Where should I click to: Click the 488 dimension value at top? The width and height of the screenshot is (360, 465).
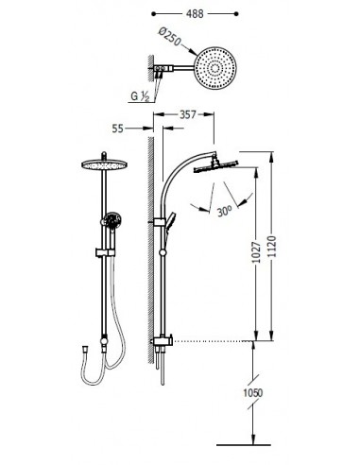coord(195,14)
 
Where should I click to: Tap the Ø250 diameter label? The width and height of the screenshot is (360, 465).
coord(170,36)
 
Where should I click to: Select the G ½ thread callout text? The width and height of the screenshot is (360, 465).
coord(140,96)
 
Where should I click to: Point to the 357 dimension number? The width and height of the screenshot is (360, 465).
coord(188,114)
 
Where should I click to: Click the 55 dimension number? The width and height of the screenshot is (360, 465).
coord(118,129)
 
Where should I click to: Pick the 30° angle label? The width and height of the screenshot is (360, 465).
coord(225,211)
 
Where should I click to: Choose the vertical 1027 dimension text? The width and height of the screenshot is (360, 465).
coord(257,252)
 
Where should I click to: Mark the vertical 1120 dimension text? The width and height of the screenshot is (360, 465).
coord(272,247)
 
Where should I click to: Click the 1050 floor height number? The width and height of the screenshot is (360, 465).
coord(252,393)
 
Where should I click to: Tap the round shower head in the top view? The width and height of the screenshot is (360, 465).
coord(215,68)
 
